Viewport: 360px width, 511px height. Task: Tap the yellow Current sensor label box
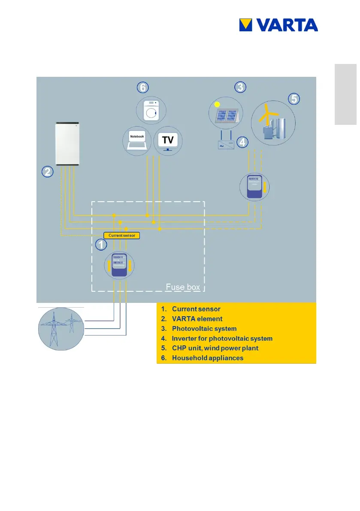coord(122,236)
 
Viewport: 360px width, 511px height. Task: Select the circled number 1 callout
coord(101,245)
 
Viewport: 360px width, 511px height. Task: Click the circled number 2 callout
coord(47,172)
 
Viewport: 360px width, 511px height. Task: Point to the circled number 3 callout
coord(240,87)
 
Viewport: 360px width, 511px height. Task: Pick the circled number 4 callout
coord(243,142)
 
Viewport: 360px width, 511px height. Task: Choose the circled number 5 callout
coord(293,99)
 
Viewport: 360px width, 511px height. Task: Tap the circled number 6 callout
coord(143,88)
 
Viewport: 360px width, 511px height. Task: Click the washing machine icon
coord(151,110)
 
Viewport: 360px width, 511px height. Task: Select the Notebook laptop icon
coord(136,140)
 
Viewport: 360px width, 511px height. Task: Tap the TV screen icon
coord(168,141)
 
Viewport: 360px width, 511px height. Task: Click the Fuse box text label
coord(183,287)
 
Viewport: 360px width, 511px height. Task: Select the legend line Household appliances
coord(208,358)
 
